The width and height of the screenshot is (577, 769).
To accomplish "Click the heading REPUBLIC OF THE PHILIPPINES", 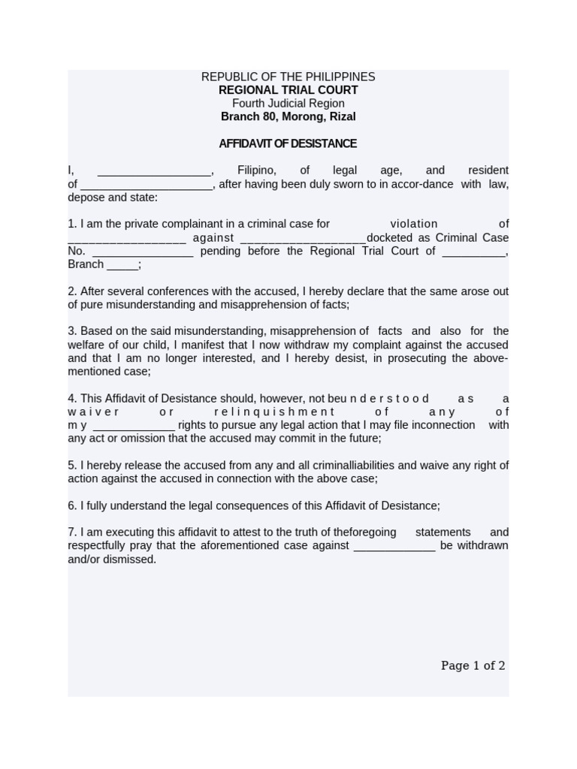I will coord(288,77).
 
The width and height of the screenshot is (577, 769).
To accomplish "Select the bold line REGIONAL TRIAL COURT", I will coord(288,90).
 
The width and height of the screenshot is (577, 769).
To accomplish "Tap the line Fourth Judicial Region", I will coord(288,104).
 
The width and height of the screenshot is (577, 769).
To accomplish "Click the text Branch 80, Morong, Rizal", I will coord(288,117).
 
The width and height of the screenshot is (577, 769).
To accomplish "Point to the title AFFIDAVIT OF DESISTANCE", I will coord(288,143).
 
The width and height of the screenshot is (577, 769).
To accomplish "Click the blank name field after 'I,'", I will coord(155,171).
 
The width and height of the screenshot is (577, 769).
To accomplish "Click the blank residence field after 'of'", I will coord(147,185).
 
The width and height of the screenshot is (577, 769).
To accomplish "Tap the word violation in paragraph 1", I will coord(413,224).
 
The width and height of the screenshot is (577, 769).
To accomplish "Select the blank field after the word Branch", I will coord(122,265).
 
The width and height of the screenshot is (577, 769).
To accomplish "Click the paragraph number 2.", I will coord(71,291).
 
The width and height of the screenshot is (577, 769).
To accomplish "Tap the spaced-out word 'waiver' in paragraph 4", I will coord(93,412).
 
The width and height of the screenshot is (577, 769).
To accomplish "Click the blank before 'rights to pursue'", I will coord(134,426).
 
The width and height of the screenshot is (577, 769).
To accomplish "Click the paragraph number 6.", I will coord(71,506).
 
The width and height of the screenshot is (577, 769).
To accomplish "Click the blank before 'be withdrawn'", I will coord(394,546).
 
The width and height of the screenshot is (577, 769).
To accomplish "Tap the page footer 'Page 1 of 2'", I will coord(473,665).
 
